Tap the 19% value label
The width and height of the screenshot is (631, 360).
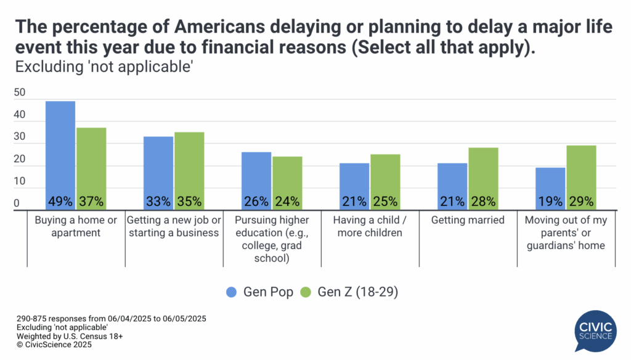pos(550,201)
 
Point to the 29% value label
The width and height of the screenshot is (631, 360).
pos(581,201)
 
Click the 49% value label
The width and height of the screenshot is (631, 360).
pos(60,201)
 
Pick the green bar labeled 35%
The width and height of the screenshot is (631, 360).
pos(189,163)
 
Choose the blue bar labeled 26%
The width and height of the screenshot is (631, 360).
pos(256,176)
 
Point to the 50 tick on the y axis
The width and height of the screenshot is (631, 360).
pos(20,93)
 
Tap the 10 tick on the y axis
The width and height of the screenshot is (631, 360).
pos(20,182)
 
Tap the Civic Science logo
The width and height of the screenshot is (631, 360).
pos(594,330)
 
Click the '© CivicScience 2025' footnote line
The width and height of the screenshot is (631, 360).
pos(54,345)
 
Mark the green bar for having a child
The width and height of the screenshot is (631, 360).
pos(385,179)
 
